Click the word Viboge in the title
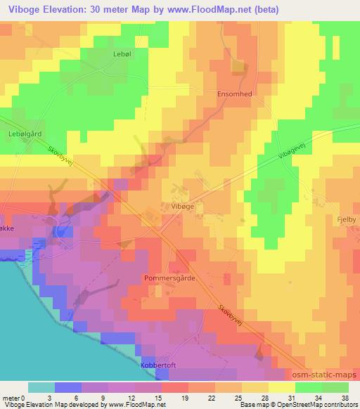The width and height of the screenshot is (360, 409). click(20, 9)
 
